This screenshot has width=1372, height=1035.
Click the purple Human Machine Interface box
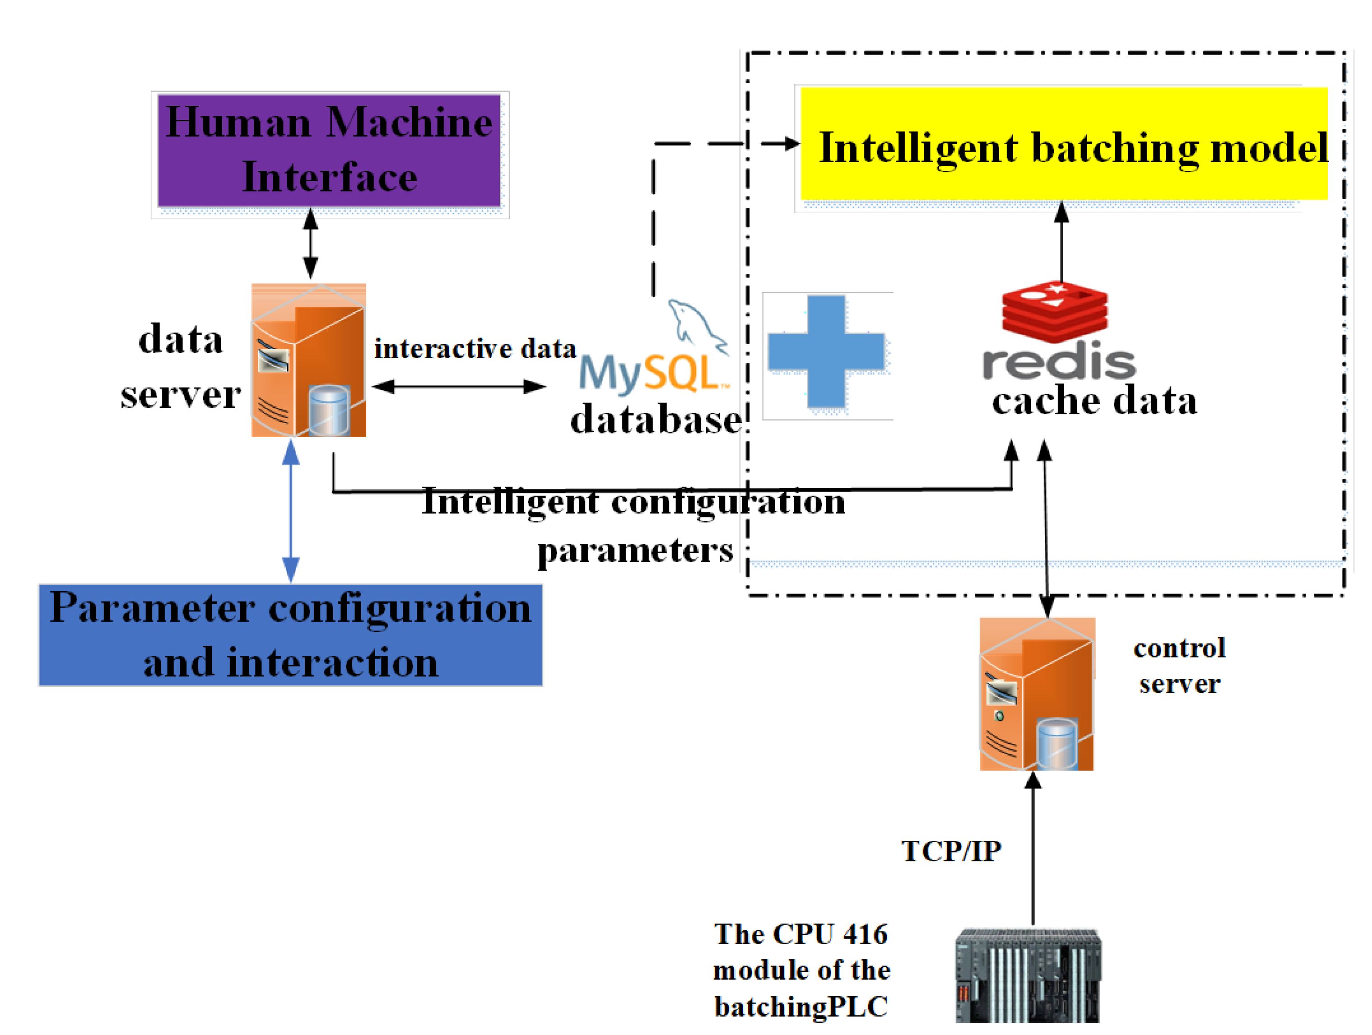coord(329,150)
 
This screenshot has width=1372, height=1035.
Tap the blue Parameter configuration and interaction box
coord(290,635)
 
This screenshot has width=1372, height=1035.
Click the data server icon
coord(308,361)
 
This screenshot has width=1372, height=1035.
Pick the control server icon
coord(1037,694)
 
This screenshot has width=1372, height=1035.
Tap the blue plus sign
coord(826,351)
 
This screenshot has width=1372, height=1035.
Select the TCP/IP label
coord(951,852)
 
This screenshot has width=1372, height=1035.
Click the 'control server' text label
coord(1179,666)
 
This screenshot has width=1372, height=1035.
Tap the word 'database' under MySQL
coord(656,420)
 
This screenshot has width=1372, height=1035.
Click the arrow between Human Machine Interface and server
coord(311,244)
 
